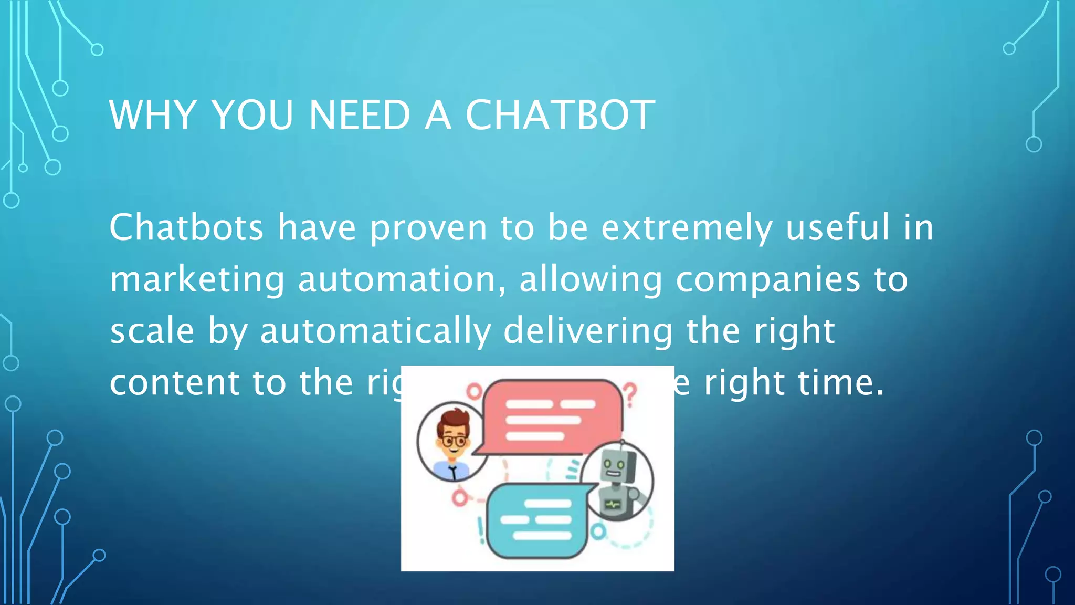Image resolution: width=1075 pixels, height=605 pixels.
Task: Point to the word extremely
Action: pos(687,228)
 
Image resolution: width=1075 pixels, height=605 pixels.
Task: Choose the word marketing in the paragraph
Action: pos(197,280)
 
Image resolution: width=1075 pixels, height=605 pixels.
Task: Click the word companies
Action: pos(767,280)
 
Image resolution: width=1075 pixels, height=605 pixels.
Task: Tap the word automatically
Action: pos(375,331)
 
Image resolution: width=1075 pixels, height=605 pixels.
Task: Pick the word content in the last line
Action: pos(174,382)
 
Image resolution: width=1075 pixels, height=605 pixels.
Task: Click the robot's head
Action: pos(615,465)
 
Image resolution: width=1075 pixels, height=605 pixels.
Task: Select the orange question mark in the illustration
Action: pos(630,394)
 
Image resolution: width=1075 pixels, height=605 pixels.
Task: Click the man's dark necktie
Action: pos(454,473)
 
